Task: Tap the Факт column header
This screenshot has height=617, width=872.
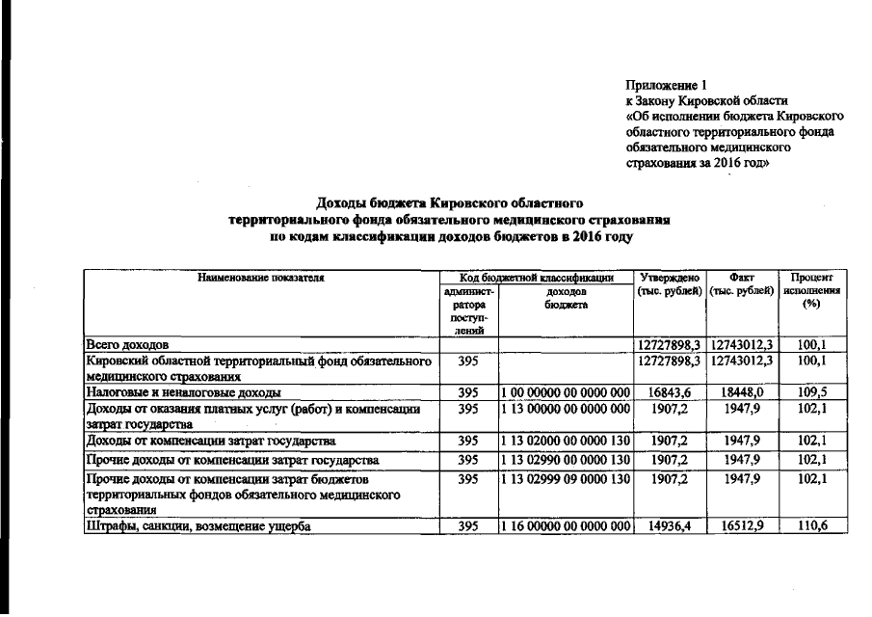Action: [742, 277]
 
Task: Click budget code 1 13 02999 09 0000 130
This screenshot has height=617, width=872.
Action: [566, 477]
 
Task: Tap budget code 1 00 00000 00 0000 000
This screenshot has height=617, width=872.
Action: [566, 393]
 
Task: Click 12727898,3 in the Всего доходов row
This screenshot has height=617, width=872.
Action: [669, 344]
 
